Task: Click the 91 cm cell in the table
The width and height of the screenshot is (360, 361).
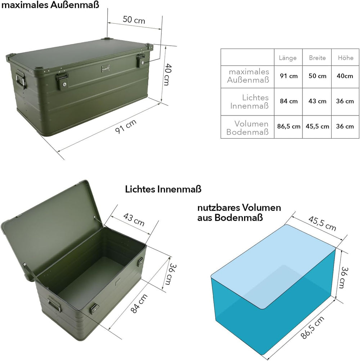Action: pyautogui.click(x=289, y=76)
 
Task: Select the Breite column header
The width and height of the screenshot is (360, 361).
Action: pyautogui.click(x=317, y=58)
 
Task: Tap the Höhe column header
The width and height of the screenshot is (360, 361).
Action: pyautogui.click(x=346, y=58)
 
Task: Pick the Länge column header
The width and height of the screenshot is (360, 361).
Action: pyautogui.click(x=287, y=58)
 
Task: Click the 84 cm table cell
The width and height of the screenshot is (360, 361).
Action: pyautogui.click(x=289, y=101)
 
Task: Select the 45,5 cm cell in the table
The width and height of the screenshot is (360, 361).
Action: pyautogui.click(x=317, y=126)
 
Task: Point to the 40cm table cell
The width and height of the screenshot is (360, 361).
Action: pyautogui.click(x=345, y=76)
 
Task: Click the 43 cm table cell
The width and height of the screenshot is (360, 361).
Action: pyautogui.click(x=317, y=101)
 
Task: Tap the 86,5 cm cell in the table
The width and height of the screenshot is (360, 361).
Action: pyautogui.click(x=289, y=126)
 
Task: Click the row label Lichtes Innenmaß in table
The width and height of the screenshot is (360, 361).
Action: pyautogui.click(x=249, y=101)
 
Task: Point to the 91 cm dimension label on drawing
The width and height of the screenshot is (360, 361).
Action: pyautogui.click(x=126, y=126)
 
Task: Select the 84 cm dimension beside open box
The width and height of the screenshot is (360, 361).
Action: pyautogui.click(x=139, y=304)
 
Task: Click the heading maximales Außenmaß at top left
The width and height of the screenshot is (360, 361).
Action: pyautogui.click(x=50, y=5)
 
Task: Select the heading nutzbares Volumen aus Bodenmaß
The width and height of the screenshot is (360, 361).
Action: pyautogui.click(x=239, y=212)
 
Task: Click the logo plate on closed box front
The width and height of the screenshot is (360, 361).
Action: pyautogui.click(x=106, y=68)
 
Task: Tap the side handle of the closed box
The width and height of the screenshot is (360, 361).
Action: pyautogui.click(x=21, y=78)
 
